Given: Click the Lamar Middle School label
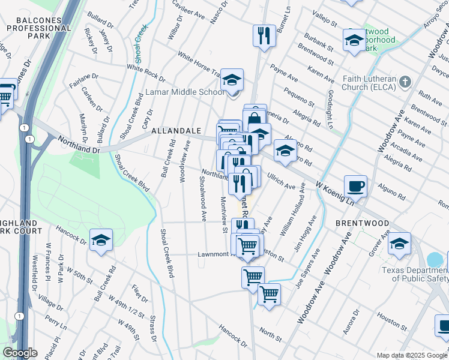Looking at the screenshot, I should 186,92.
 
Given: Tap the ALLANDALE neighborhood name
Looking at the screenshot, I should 175,130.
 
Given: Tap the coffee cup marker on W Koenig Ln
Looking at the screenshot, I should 356,186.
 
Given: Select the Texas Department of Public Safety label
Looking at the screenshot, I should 414,274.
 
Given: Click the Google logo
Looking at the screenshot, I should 20,352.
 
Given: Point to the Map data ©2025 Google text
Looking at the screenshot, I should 411,355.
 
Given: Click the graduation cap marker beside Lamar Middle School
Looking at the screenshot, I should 231,80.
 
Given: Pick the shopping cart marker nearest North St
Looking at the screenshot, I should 270,295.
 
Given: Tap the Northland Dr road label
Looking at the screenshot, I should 78,144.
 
